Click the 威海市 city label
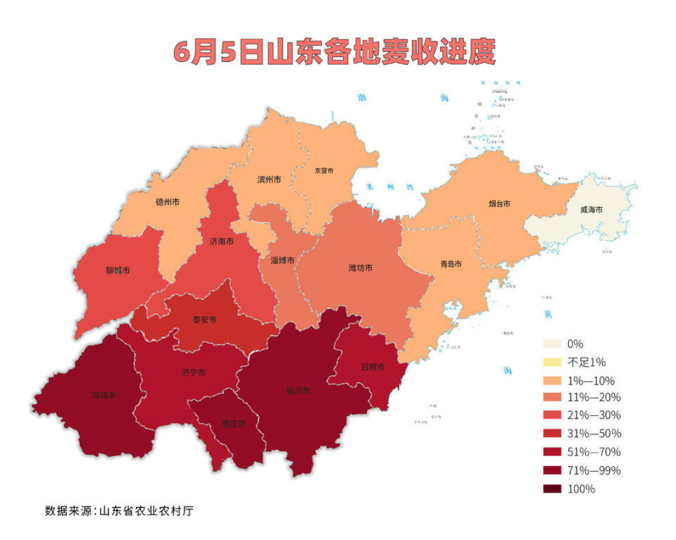pyautogui.click(x=591, y=209)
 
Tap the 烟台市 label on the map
pyautogui.click(x=499, y=204)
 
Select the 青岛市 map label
pyautogui.click(x=451, y=264)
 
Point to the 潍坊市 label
pyautogui.click(x=361, y=268)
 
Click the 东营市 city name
pyautogui.click(x=324, y=170)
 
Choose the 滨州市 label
pyautogui.click(x=270, y=180)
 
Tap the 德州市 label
pyautogui.click(x=167, y=202)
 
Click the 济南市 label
pyautogui.click(x=222, y=241)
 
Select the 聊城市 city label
pyautogui.click(x=118, y=270)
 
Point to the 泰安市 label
pyautogui.click(x=205, y=320)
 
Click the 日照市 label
pyautogui.click(x=373, y=367)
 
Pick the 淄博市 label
pyautogui.click(x=282, y=260)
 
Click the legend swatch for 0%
pyautogui.click(x=553, y=344)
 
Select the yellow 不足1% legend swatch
pyautogui.click(x=553, y=362)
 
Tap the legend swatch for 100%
pyautogui.click(x=553, y=489)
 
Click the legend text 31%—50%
pyautogui.click(x=594, y=433)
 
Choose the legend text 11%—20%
pyautogui.click(x=594, y=398)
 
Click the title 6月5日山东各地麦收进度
pyautogui.click(x=335, y=53)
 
